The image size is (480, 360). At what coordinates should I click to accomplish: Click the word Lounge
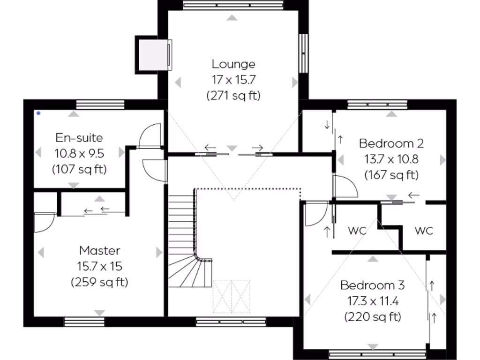pos(233,64)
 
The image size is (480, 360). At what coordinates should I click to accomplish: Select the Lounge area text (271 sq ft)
pos(233,96)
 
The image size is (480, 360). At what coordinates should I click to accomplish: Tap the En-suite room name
pos(79,138)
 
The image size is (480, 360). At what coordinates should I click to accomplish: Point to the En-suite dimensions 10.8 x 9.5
pos(79,153)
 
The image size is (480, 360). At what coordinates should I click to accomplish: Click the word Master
pos(99,250)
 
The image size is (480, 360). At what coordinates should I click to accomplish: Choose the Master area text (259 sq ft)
pos(99,282)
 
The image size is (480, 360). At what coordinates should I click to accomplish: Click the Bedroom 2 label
pos(391,143)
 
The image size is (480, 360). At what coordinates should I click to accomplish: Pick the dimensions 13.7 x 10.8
pos(391,159)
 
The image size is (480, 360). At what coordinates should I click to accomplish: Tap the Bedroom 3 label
pos(373,285)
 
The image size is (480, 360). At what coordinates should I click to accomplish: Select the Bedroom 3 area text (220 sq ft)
pos(373,317)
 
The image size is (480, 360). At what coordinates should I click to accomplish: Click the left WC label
pos(357,231)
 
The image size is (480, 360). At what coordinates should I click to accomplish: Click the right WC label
pos(424,231)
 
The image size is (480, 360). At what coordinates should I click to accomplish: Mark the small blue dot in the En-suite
pos(38,113)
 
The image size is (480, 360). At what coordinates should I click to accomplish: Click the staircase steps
pos(181,234)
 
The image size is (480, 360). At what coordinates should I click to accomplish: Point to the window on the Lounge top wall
pos(233,5)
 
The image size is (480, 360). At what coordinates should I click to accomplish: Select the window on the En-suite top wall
pos(100,104)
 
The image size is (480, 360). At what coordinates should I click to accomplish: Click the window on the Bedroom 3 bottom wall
pos(373,355)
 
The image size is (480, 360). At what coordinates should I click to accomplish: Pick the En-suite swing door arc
pos(151,136)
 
